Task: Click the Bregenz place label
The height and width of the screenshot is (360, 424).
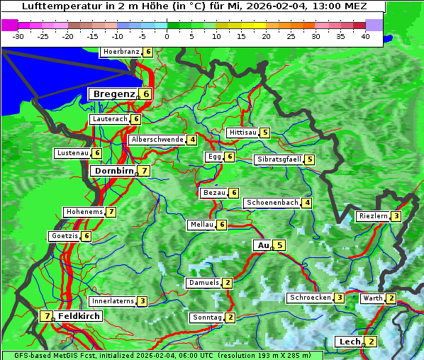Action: point(113,94)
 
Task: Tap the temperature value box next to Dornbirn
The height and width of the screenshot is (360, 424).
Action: point(144,171)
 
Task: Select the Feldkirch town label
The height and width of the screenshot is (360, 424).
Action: point(79,316)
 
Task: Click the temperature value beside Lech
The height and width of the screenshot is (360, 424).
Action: point(371,342)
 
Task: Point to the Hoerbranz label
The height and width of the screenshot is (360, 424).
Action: point(120,52)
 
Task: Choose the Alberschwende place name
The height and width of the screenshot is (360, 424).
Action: point(157,140)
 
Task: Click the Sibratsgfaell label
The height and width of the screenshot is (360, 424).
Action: point(279,159)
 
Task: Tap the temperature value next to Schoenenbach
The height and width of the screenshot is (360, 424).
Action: point(306,203)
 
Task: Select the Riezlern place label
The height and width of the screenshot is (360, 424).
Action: point(373,216)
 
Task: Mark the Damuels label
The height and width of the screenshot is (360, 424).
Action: point(203,283)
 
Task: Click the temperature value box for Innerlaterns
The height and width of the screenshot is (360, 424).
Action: point(142,301)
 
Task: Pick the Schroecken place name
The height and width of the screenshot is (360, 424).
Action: point(310,298)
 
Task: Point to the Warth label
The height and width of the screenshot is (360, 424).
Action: point(372,298)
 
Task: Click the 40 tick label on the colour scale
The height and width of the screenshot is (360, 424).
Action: point(365,35)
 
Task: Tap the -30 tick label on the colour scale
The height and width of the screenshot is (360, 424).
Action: point(18,35)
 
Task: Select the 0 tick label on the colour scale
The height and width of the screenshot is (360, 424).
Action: point(167,35)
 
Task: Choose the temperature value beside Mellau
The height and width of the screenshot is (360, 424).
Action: point(222,225)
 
